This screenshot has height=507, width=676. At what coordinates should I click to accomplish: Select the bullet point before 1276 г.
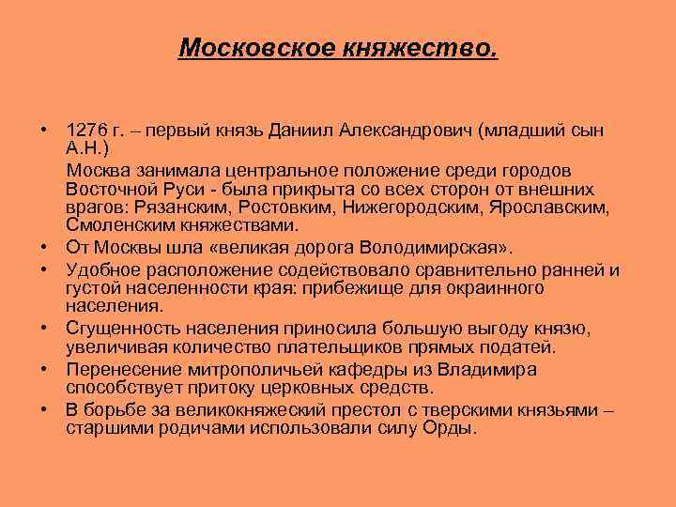44,129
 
